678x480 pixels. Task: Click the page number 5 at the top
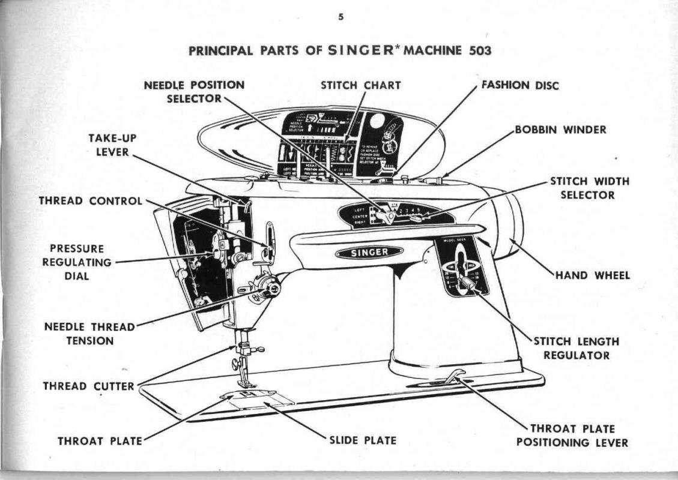point(341,17)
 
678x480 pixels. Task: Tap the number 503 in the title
point(479,50)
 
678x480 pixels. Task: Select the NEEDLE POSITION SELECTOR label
point(194,91)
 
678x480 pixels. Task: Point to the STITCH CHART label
point(360,85)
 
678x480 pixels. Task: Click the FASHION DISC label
point(520,85)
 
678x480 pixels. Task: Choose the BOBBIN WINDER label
point(560,130)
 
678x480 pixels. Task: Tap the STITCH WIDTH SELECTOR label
point(581,188)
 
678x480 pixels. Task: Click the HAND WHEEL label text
point(592,275)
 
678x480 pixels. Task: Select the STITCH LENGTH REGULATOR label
point(576,348)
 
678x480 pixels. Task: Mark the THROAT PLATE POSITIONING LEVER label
point(572,436)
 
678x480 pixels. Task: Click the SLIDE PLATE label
point(363,440)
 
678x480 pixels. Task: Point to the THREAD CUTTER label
point(88,386)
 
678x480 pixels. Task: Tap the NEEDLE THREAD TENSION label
point(89,334)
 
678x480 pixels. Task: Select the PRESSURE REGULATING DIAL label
point(77,262)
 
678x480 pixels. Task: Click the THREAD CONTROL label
point(91,201)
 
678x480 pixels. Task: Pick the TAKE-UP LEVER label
point(112,145)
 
